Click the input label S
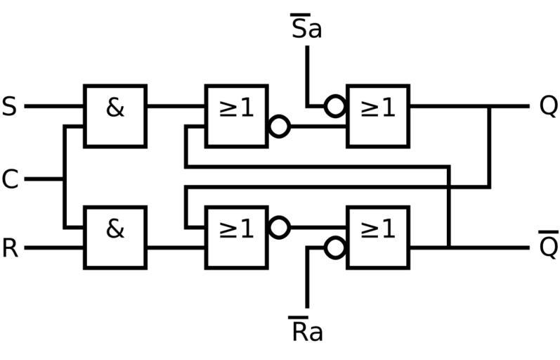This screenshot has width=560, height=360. point(10,107)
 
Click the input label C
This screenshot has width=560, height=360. point(10,180)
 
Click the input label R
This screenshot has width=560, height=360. point(10,248)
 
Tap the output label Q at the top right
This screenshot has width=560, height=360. point(548,106)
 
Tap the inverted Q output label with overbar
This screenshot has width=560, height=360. point(548,245)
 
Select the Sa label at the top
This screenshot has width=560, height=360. point(306,29)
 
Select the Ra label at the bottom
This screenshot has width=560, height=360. point(306,330)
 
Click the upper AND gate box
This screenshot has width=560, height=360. point(115,116)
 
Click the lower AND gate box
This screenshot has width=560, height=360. point(115,237)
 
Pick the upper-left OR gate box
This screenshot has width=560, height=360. point(236,116)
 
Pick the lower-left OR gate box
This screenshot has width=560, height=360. point(236,237)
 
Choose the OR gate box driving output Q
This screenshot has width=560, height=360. point(378,116)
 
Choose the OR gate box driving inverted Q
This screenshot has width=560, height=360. point(378,237)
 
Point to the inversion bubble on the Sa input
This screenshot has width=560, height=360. point(335,106)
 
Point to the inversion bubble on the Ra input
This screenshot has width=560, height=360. point(335,247)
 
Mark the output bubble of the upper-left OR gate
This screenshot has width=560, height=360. point(280,127)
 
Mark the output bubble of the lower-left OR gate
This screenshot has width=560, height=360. point(280,227)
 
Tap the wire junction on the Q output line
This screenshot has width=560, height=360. point(489,107)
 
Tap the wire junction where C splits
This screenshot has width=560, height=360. point(64,179)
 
